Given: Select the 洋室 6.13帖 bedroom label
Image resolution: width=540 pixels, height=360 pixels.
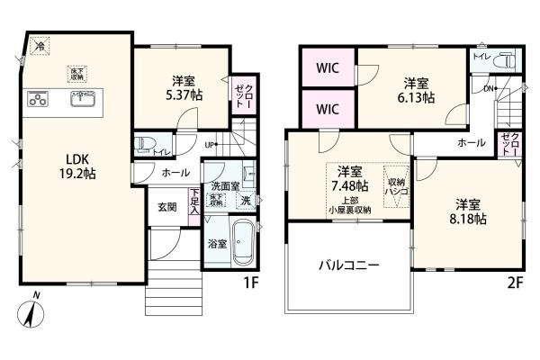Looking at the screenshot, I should click(418, 87).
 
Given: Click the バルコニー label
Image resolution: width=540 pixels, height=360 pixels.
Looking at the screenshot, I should click(346, 265).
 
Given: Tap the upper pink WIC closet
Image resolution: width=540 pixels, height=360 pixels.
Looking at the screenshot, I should click(328, 66).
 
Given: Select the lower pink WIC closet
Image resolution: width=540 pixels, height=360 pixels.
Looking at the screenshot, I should click(328, 109).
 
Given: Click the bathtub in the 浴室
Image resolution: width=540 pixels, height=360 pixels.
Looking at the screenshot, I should click(244, 245).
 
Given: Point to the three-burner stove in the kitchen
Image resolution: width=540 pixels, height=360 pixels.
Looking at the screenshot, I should click(37, 100).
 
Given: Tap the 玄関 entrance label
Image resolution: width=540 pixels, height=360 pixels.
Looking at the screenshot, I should click(167, 206).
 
